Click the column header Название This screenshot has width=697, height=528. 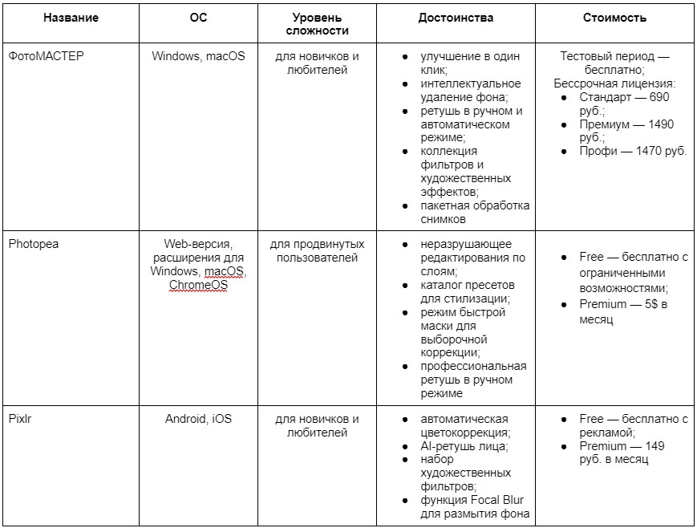coord(71,18)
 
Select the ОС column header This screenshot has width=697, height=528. coord(198,18)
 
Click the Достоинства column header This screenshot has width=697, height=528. coord(456,18)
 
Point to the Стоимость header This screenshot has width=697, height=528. coord(615,18)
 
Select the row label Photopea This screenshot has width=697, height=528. coord(34,244)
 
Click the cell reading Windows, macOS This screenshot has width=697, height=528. coord(198,57)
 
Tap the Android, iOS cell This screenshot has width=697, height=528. coord(198,419)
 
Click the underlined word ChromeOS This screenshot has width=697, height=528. coord(198,285)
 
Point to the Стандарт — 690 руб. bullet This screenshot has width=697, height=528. coord(624,104)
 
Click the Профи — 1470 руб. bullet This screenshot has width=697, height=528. coord(633,151)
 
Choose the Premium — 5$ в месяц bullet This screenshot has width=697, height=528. coord(624,311)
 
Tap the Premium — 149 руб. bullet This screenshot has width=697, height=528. coord(622,453)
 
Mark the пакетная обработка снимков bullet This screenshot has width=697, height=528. coord(475,212)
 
